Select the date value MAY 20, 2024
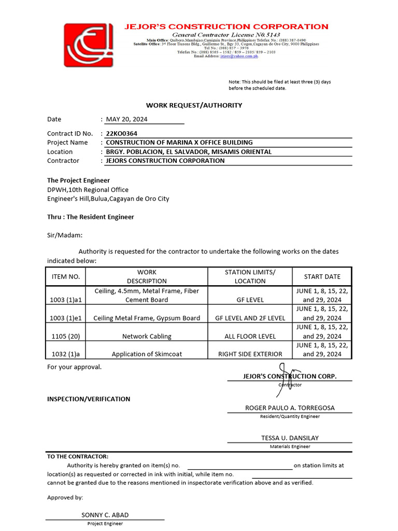click(127, 119)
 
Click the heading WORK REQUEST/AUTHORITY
click(194, 105)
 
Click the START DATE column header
click(322, 277)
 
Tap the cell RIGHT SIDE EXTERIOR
click(250, 354)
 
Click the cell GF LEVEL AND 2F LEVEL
click(250, 318)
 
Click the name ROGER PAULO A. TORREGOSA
click(290, 408)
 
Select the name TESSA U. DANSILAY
click(290, 438)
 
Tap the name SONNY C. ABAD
click(105, 515)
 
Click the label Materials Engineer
click(290, 446)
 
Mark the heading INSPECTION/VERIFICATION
click(89, 399)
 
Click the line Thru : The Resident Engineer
click(91, 217)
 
